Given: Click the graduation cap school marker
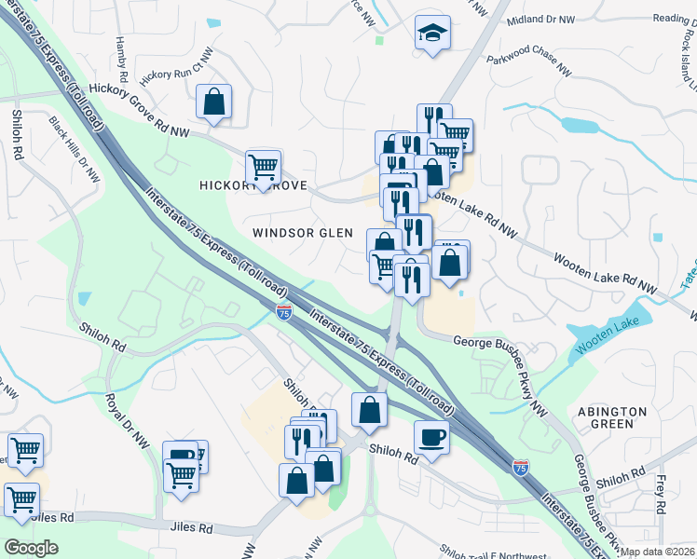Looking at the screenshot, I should point(432,35).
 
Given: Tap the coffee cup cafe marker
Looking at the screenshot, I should point(431,437).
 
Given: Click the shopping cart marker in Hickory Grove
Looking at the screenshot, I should point(264,168).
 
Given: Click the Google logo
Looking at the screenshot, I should point(31,547).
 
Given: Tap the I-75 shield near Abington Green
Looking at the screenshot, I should point(520,468).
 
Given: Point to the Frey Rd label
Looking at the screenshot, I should point(659,495).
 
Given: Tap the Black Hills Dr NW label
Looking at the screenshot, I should point(75,149).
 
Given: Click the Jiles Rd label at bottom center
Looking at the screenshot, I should point(192,528).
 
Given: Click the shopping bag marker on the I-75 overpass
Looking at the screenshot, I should point(370,411).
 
